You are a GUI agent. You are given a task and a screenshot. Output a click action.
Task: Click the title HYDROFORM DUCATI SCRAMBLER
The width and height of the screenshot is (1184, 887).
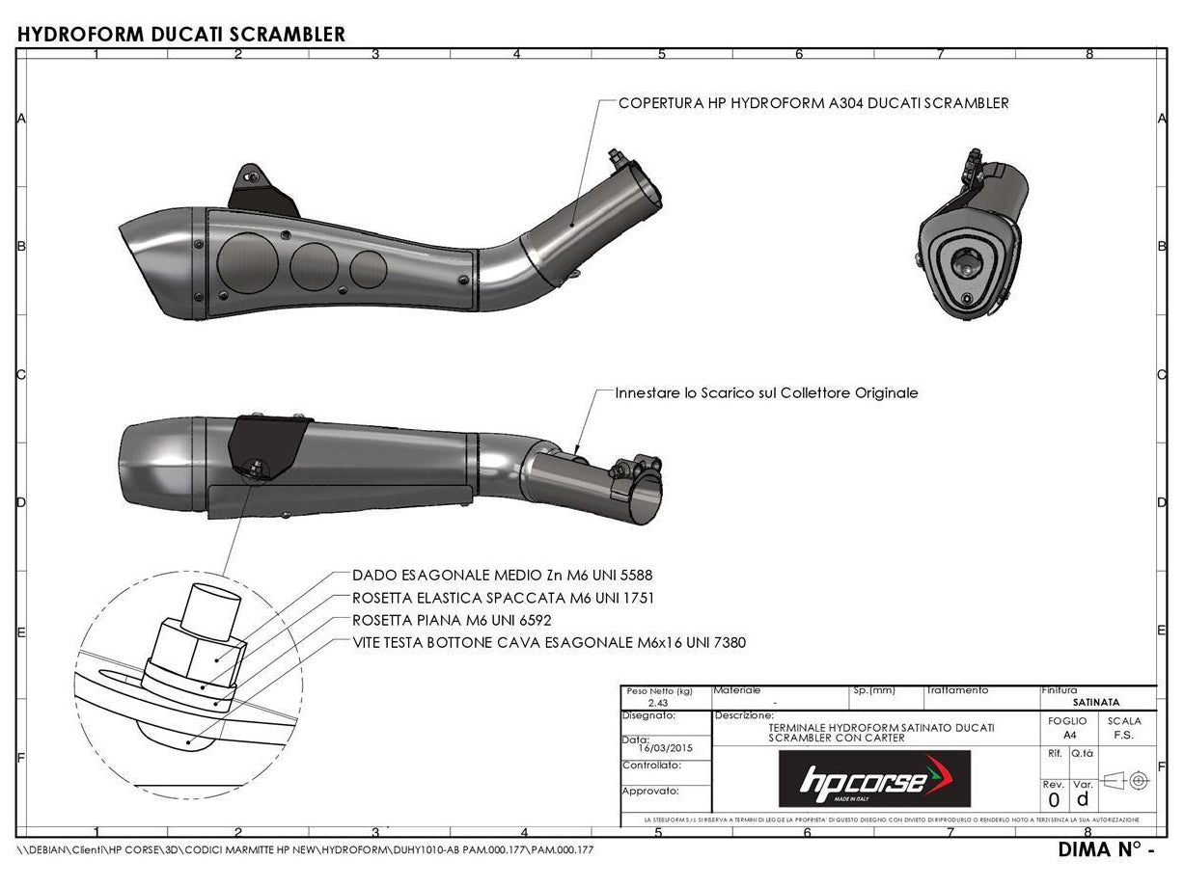point(181,34)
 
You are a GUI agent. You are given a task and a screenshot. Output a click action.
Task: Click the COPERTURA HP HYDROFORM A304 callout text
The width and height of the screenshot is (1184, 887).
point(812,102)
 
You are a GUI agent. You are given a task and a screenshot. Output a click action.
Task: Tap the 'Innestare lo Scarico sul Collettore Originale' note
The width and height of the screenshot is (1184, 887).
point(766,393)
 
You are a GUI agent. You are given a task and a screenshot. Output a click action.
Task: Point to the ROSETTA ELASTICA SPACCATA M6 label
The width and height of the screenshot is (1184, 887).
point(503,598)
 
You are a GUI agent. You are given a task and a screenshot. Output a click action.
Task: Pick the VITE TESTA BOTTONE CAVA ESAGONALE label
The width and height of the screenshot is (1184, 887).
point(548,642)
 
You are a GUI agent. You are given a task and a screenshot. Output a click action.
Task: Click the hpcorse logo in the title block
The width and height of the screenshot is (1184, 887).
point(874,778)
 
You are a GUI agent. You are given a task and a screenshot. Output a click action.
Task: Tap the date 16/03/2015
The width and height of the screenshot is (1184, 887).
point(665,747)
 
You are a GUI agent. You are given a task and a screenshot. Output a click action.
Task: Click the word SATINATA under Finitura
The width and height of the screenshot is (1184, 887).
point(1096,703)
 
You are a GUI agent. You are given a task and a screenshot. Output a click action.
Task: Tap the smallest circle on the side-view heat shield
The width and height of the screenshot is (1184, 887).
point(368,267)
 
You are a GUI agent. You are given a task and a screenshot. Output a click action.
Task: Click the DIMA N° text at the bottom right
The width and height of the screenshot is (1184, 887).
point(1106,850)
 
